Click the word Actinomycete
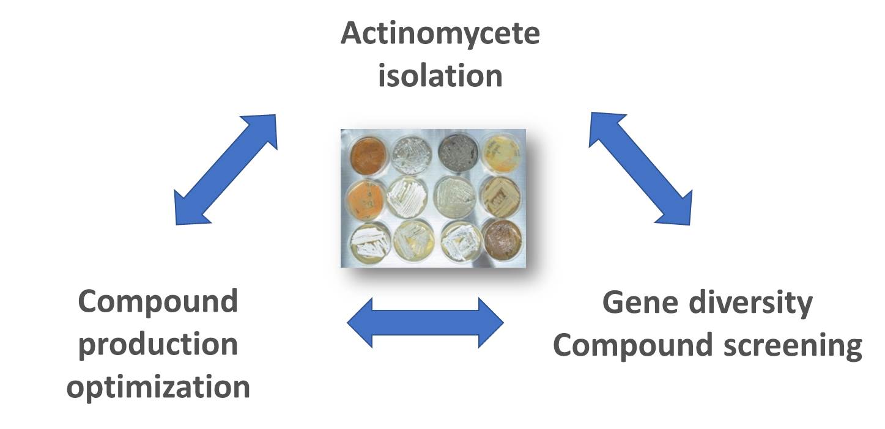click(440, 34)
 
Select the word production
click(158, 345)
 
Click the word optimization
click(158, 387)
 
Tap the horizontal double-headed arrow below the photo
click(425, 323)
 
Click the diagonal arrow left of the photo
click(226, 170)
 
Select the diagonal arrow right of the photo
click(640, 169)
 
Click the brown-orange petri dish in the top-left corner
click(368, 156)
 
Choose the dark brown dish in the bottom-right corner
click(502, 240)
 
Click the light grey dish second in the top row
click(411, 155)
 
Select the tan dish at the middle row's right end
click(500, 197)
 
